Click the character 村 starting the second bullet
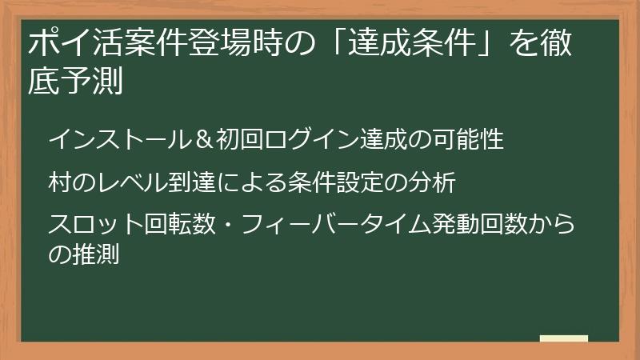[x=59, y=182]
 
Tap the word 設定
[x=352, y=182]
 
